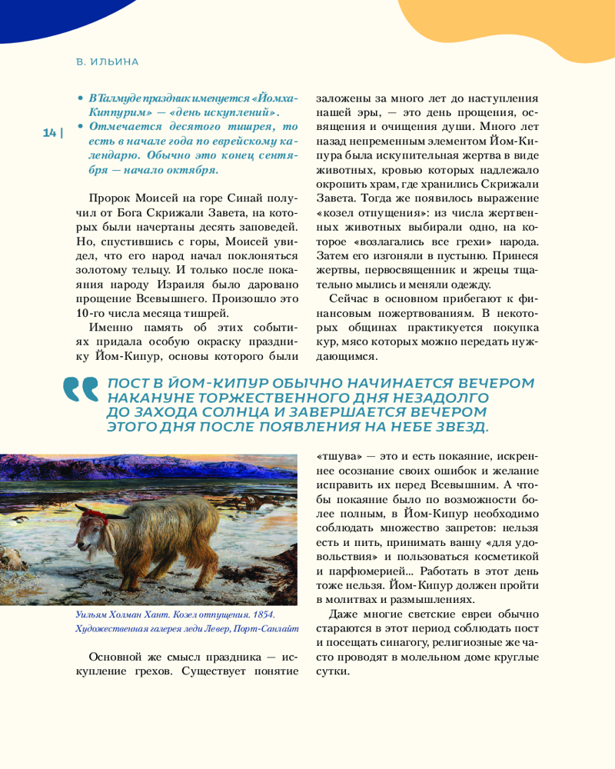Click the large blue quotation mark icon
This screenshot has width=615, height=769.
(x=81, y=389)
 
